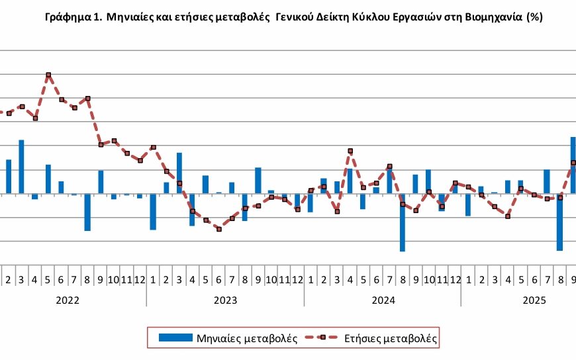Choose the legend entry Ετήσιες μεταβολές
[x=390, y=337]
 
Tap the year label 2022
[x=68, y=300]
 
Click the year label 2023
[x=226, y=300]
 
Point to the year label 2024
[x=383, y=300]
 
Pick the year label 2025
[x=534, y=300]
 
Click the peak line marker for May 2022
[x=48, y=75]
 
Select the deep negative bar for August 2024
[x=403, y=223]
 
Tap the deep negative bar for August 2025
[x=560, y=222]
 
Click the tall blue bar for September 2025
[x=573, y=165]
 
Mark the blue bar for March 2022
[x=22, y=167]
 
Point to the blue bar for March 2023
[x=179, y=173]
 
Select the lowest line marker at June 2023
[x=219, y=229]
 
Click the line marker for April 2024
[x=350, y=151]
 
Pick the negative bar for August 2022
[x=87, y=212]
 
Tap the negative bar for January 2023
[x=153, y=212]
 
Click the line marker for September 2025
[x=573, y=163]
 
